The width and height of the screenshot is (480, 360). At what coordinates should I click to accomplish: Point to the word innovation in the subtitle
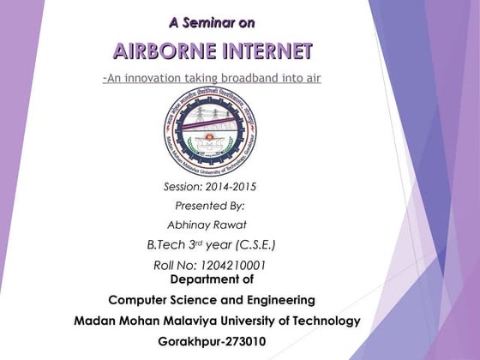(164, 79)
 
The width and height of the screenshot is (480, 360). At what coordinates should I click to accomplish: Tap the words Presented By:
(210, 206)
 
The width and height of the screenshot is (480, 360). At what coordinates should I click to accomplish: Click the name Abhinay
(189, 225)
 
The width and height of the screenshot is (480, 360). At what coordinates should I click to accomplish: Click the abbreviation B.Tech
(165, 245)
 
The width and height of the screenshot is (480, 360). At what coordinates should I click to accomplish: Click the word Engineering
(276, 300)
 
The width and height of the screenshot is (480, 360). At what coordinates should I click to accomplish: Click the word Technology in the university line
(324, 321)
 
